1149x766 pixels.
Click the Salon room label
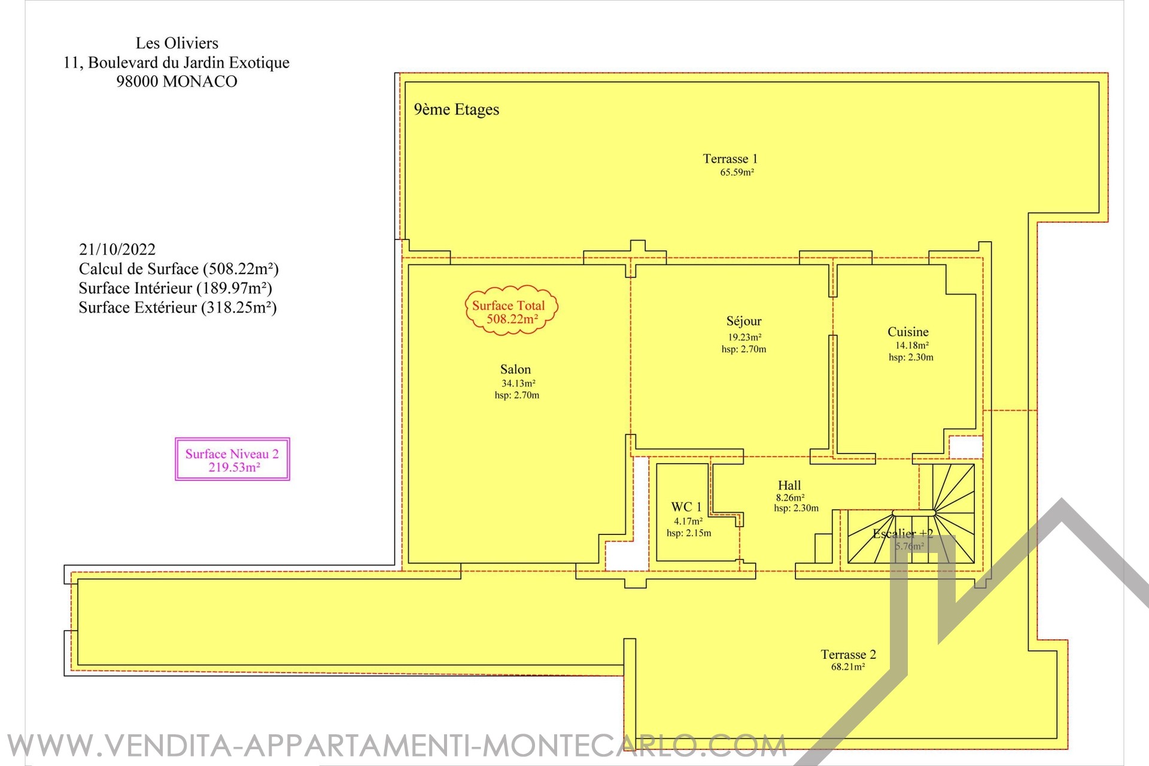pos(516,370)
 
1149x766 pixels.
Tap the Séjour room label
pos(744,321)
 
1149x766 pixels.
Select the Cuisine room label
pos(908,332)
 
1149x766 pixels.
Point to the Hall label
pos(789,485)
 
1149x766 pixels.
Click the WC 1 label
pos(686,507)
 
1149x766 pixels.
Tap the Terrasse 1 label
pos(730,159)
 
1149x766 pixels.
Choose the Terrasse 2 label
pos(848,655)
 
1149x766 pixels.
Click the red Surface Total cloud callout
pos(511,310)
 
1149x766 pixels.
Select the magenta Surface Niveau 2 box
pos(232,459)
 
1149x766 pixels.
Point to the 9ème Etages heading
pos(457,110)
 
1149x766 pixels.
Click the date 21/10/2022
pos(117,250)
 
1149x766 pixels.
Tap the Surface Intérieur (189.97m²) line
pos(175,288)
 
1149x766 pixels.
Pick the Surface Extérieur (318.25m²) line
pos(178,308)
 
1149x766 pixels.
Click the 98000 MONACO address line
pos(177,81)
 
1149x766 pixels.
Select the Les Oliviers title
pos(177,43)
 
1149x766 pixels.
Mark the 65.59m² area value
pos(737,172)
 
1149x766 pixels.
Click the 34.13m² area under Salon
pos(518,384)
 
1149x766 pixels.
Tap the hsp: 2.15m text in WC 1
pos(689,533)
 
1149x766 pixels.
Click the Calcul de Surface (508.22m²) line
pos(179,269)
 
